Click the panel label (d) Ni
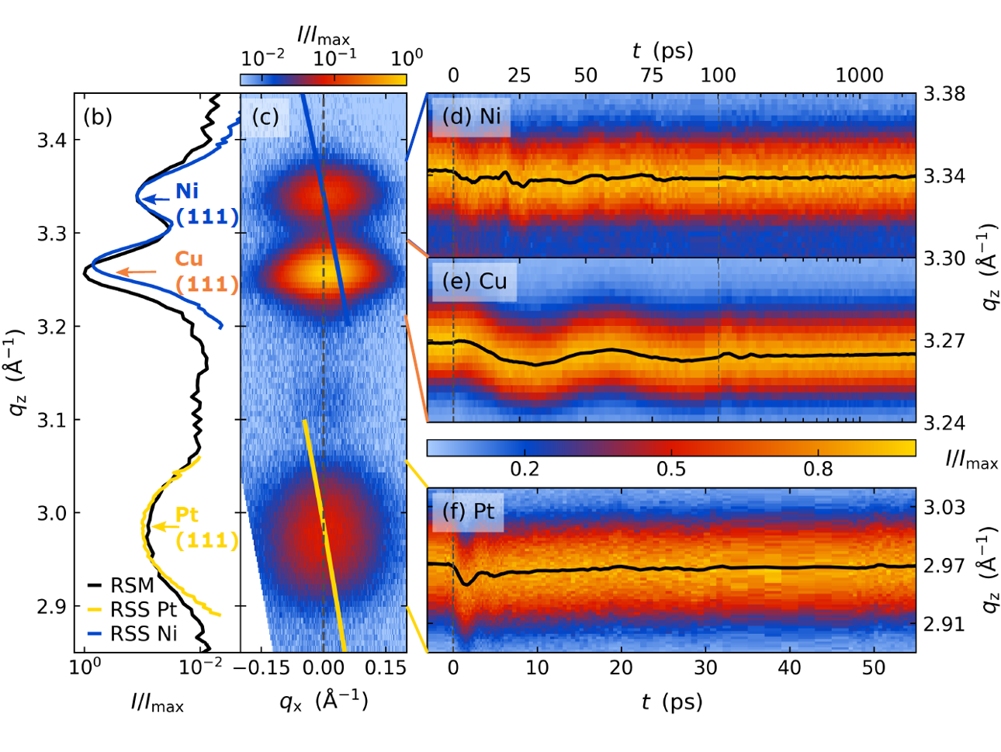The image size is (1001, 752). (471, 117)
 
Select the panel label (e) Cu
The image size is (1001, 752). (474, 281)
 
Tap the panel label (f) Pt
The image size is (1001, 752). (468, 511)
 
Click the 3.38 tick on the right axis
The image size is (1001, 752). (944, 94)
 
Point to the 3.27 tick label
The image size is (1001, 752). (944, 341)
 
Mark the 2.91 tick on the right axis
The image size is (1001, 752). (944, 624)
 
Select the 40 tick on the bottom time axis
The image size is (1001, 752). (789, 668)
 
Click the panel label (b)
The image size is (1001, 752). (97, 117)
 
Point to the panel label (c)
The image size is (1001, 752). (265, 117)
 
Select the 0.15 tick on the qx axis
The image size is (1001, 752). (386, 668)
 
